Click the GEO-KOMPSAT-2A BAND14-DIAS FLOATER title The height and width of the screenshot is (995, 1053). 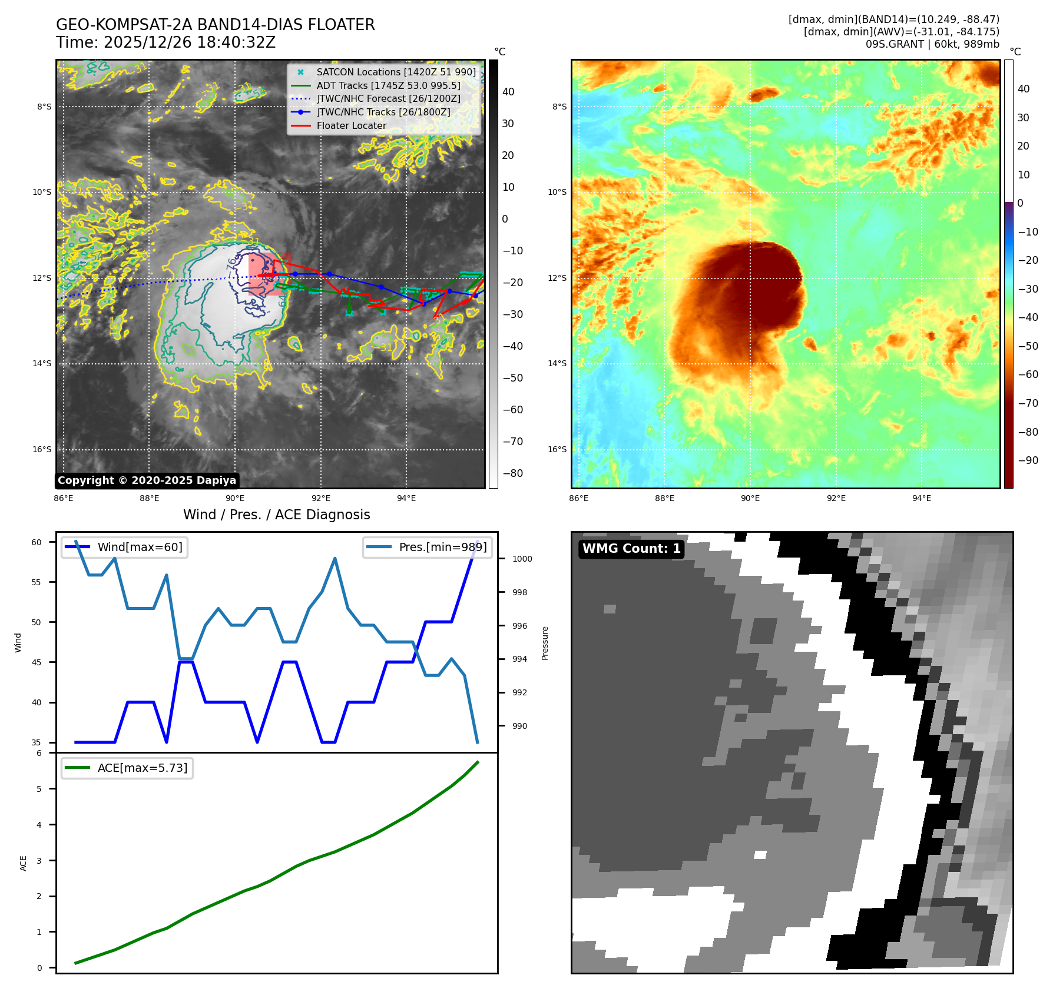coord(215,25)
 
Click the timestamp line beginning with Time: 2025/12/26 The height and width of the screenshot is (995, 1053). coord(165,42)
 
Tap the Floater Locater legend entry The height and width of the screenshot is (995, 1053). coord(351,125)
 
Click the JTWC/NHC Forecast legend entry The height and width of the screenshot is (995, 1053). coord(388,98)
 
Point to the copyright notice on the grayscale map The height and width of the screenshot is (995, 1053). coord(147,480)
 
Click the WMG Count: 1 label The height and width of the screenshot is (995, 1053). coord(631,549)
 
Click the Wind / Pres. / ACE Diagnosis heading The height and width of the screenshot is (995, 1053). coord(276,515)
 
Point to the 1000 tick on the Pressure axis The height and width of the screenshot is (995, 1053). coord(522,559)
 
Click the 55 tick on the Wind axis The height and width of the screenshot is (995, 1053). coord(37,582)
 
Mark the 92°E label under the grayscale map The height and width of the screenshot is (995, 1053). coord(320,498)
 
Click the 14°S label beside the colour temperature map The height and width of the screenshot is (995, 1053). coord(557,363)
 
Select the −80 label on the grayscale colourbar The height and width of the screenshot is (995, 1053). coord(512,473)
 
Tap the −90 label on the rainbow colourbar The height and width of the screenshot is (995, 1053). coord(1028,460)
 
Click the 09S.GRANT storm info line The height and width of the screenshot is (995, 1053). coord(932,44)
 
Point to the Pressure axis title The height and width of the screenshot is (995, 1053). coord(545,643)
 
